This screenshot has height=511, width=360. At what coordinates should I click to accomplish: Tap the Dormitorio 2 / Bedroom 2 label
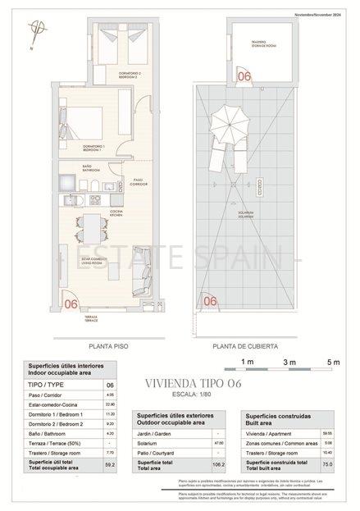[x=129, y=75]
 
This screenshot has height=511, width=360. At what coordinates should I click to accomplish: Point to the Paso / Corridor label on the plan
[x=139, y=181]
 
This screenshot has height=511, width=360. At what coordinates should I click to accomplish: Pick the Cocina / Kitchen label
[x=116, y=212]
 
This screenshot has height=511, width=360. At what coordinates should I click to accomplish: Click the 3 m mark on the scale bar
[x=288, y=362]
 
